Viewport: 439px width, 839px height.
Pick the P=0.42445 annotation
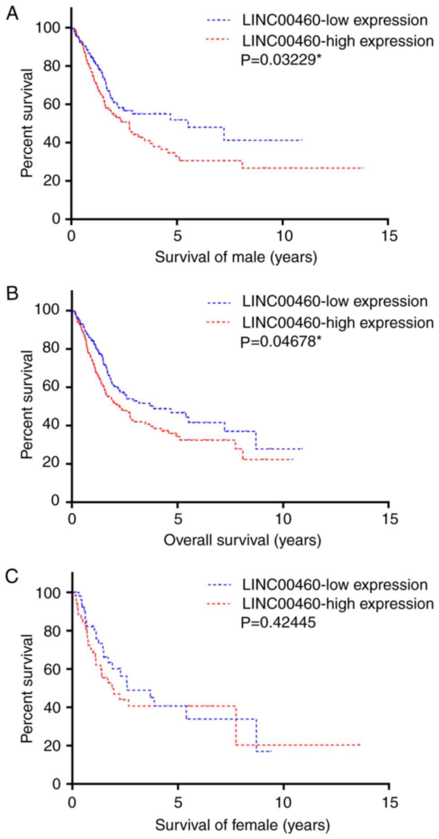coord(278,623)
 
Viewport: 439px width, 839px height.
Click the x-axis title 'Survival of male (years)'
coord(236,257)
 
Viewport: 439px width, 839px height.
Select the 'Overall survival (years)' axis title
coord(242,540)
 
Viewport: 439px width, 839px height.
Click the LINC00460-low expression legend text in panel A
coord(335,20)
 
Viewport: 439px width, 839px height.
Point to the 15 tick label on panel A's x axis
coord(389,236)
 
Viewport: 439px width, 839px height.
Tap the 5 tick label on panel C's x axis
coord(178,802)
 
